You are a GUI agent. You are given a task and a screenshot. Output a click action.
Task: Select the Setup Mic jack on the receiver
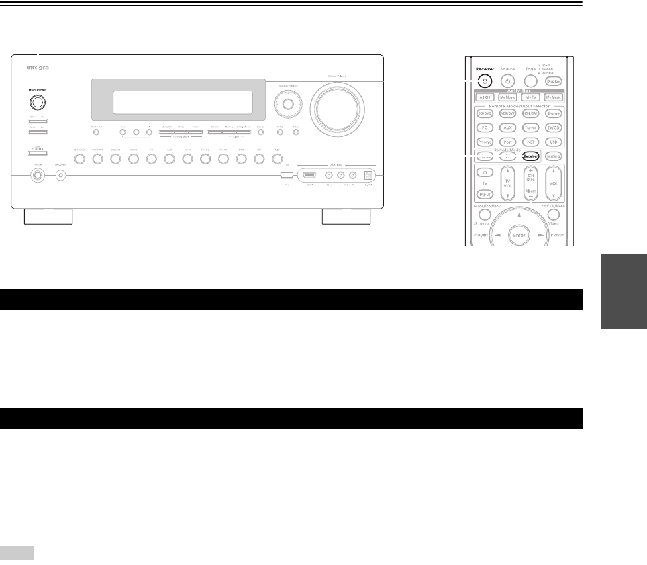pyautogui.click(x=61, y=176)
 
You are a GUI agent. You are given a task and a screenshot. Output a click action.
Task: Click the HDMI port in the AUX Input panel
pyautogui.click(x=310, y=175)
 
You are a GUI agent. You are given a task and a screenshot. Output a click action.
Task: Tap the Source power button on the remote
pyautogui.click(x=507, y=81)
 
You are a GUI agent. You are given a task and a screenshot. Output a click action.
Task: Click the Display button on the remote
pyautogui.click(x=553, y=81)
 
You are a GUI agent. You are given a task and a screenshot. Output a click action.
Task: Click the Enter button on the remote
pyautogui.click(x=519, y=236)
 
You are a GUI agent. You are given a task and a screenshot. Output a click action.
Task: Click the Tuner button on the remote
pyautogui.click(x=530, y=127)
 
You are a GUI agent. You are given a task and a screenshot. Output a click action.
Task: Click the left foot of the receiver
pyautogui.click(x=48, y=217)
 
